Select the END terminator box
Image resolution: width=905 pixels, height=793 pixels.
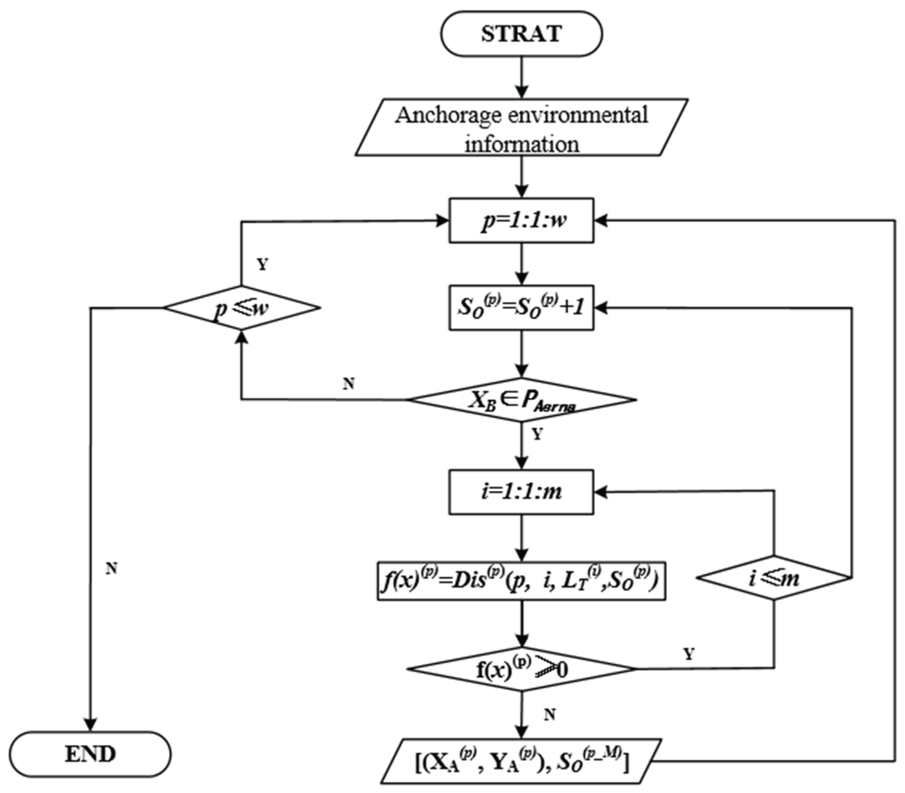point(90,754)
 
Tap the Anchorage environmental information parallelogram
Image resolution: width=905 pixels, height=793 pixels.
point(521,127)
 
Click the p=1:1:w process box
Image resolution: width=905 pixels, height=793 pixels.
point(521,220)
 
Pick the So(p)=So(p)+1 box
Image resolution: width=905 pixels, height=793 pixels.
point(521,308)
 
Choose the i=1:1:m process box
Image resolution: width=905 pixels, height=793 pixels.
point(521,492)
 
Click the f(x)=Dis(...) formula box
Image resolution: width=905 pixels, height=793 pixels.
point(521,581)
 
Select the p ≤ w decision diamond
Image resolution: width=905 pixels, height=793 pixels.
point(241,308)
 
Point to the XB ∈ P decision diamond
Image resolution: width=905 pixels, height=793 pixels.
point(521,399)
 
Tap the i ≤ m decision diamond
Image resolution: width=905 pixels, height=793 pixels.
point(774,578)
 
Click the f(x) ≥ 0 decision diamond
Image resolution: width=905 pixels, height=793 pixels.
point(521,669)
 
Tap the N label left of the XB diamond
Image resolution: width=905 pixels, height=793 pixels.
point(349,384)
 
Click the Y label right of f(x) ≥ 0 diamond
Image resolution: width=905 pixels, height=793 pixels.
point(689,654)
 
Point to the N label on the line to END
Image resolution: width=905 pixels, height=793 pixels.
point(111,568)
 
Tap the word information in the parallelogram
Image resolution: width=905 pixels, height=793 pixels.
point(521,144)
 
